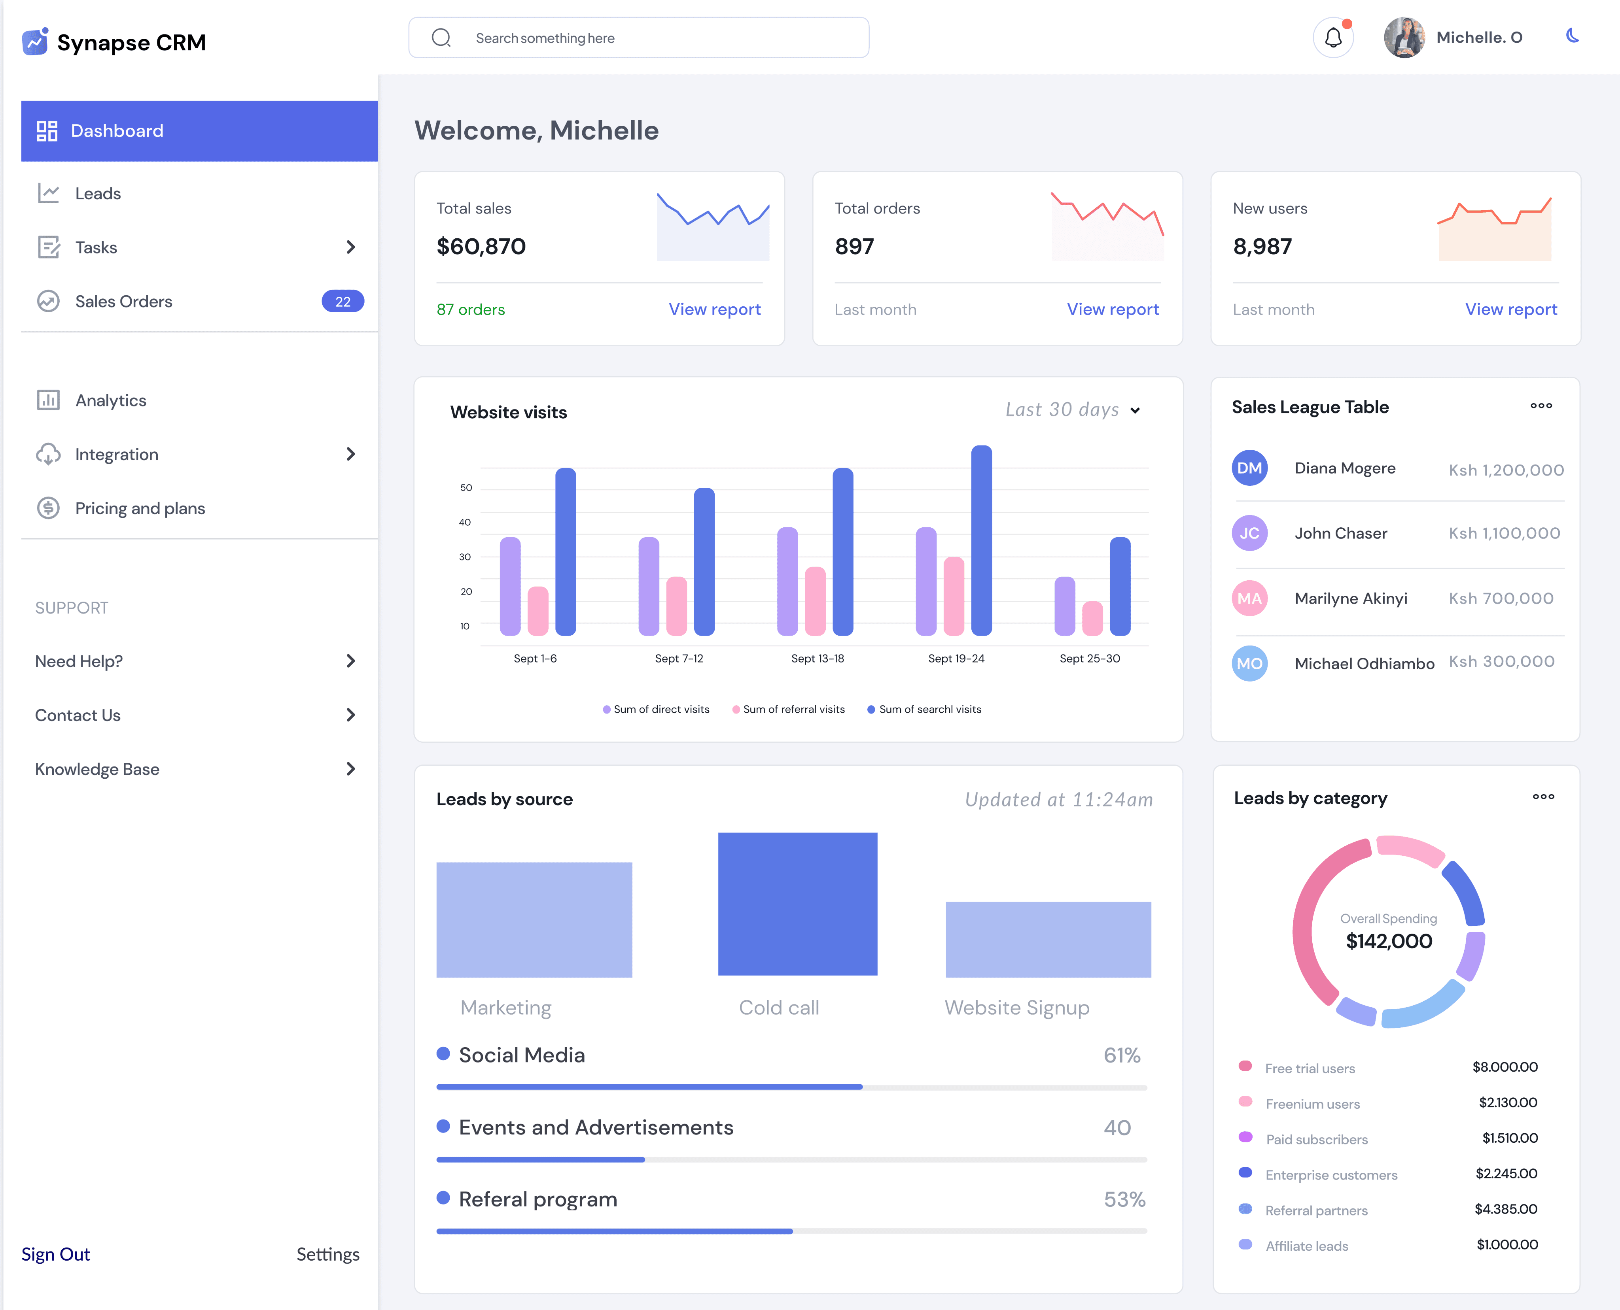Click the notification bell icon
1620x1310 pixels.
tap(1333, 38)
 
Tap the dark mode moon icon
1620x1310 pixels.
tap(1573, 36)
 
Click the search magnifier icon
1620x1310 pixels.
tap(441, 38)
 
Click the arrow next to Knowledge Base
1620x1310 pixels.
tap(350, 769)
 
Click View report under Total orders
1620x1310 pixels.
tap(1113, 310)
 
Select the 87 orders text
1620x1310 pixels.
tap(470, 310)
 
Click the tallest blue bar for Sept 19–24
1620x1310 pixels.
tap(981, 540)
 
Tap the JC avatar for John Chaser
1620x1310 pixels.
tap(1249, 533)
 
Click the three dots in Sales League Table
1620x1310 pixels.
tap(1541, 406)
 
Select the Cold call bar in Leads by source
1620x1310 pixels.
tap(798, 904)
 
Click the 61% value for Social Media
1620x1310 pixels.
tap(1122, 1055)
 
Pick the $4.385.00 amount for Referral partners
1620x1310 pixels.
tap(1506, 1209)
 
